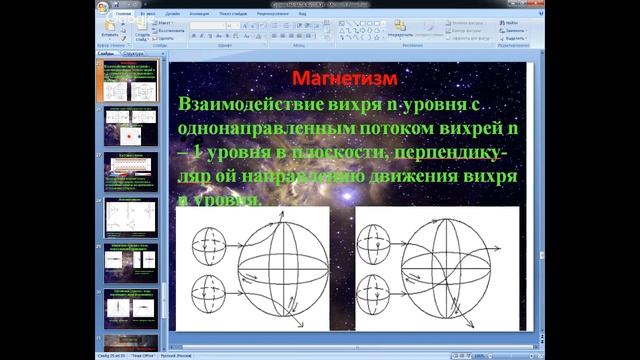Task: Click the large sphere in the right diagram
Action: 450,267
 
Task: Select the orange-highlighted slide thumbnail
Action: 130,80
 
